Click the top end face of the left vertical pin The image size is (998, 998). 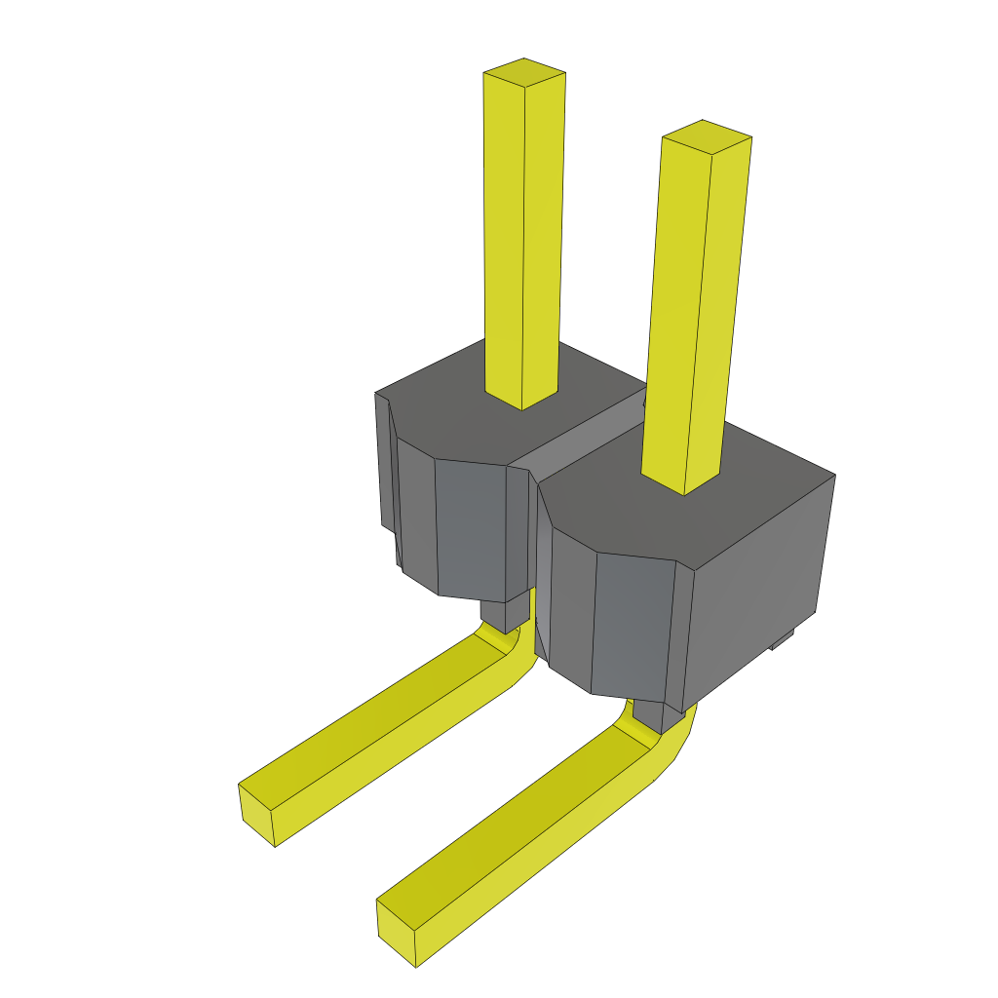[524, 73]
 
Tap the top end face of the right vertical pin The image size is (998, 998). [706, 136]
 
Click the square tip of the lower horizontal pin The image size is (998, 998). [396, 934]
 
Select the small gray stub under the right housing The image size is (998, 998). [649, 716]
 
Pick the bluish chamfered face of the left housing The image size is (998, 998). [471, 531]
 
